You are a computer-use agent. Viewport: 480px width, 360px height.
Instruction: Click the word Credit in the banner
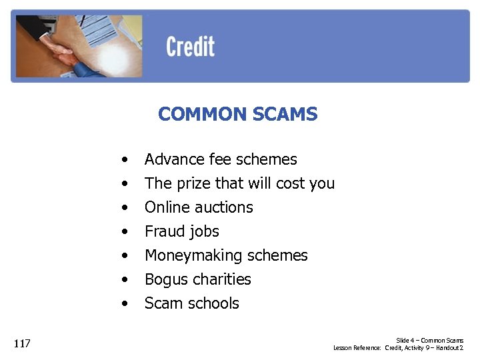tap(190, 47)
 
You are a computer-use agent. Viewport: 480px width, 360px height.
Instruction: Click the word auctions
tap(223, 207)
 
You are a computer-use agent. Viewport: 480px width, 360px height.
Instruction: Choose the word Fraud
tap(162, 231)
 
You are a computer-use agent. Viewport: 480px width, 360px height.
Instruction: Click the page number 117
tap(22, 344)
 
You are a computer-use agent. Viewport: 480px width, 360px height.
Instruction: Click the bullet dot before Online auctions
tap(124, 208)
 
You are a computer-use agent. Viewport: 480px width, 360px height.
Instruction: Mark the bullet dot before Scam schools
tap(124, 304)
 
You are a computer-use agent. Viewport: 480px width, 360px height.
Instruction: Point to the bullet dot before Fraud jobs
tap(124, 232)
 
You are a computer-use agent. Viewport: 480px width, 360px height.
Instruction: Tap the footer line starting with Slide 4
tap(429, 341)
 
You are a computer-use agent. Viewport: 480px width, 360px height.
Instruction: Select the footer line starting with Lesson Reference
tap(398, 348)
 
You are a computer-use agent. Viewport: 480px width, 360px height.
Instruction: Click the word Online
tap(165, 207)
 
